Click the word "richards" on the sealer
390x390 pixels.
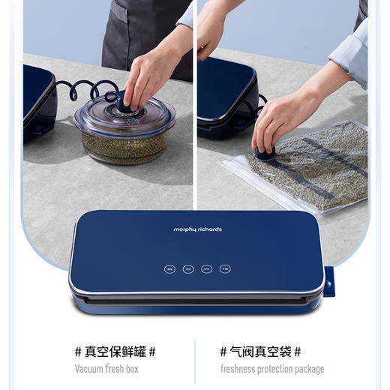pos(209,229)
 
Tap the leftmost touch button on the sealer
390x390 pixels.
pos(169,268)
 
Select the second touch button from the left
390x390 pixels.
pos(188,268)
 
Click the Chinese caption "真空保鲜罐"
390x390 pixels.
pos(115,351)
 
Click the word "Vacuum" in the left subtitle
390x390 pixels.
pos(91,369)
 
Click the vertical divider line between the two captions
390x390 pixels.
pos(195,359)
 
